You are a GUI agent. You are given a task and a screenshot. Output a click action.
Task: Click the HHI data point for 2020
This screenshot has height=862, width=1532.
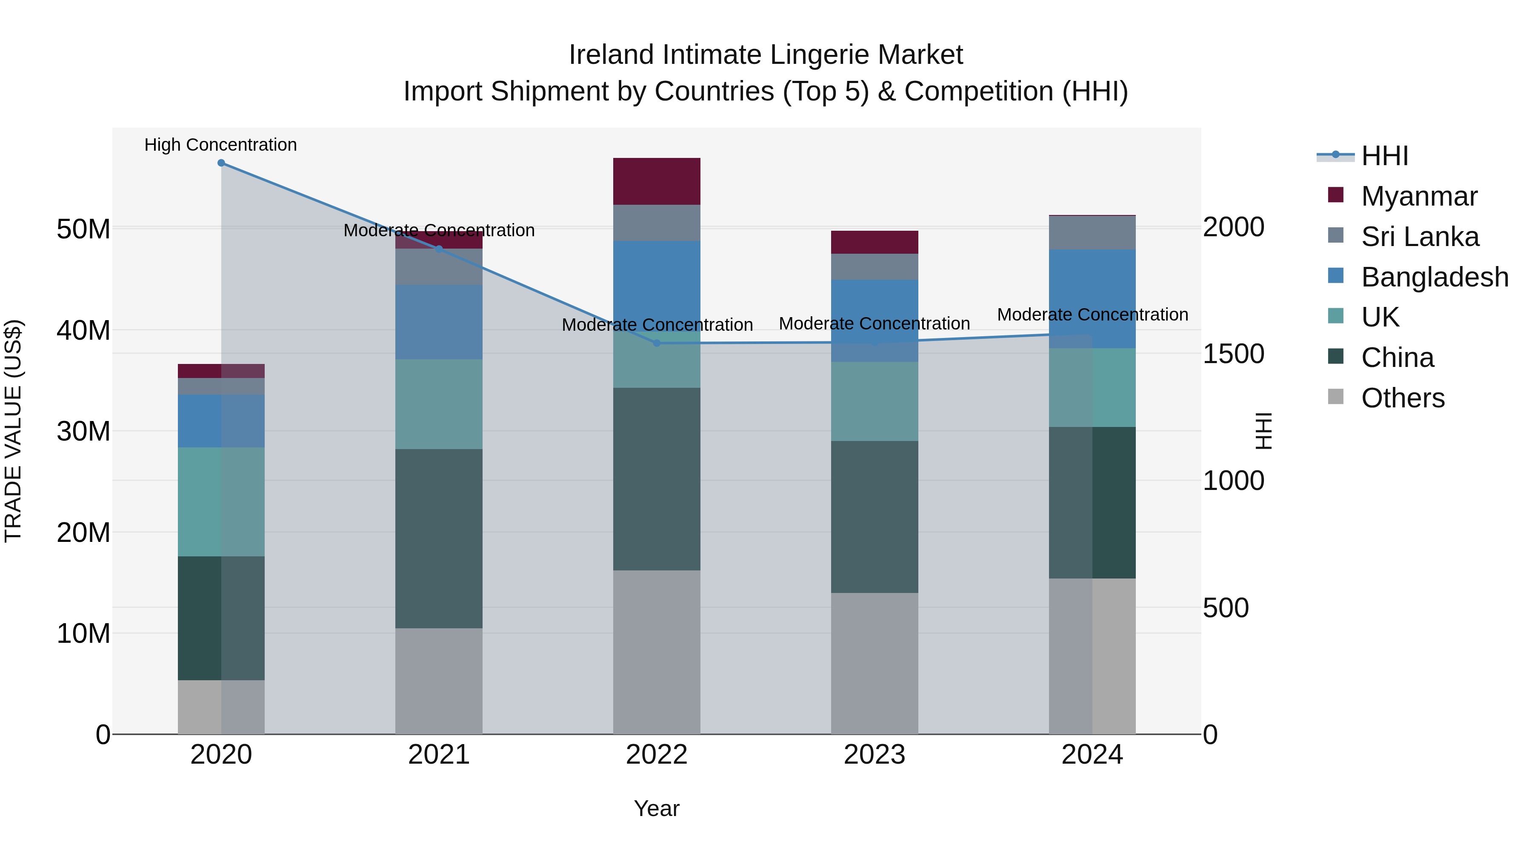[221, 163]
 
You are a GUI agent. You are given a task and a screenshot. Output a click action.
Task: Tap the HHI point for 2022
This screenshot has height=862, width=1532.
[657, 343]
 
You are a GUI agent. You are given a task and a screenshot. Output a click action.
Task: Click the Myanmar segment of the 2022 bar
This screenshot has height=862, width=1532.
[657, 181]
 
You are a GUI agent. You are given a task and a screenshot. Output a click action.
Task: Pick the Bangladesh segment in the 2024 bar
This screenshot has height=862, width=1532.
[1092, 299]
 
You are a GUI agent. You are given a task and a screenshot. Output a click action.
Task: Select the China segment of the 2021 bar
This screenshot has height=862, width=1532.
[439, 538]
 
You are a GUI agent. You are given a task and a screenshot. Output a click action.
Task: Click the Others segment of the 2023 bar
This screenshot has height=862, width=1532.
[874, 663]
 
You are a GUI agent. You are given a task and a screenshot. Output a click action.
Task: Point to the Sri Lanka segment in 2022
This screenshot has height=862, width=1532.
[657, 223]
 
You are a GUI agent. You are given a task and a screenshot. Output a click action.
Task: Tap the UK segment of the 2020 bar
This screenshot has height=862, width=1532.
[221, 501]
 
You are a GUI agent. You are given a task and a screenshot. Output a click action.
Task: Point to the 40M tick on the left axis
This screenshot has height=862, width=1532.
[83, 331]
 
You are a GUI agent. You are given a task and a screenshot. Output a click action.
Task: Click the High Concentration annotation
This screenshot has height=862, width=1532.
[220, 145]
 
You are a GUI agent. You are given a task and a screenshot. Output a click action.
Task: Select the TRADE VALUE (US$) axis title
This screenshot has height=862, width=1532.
[13, 431]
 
